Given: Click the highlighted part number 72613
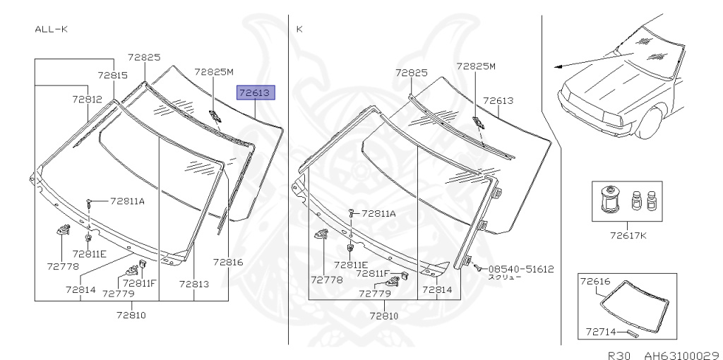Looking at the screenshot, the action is click(x=256, y=93).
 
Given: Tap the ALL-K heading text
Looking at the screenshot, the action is click(x=52, y=30).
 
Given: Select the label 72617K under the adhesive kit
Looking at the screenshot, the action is click(x=628, y=235).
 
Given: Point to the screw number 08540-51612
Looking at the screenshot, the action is click(x=520, y=269).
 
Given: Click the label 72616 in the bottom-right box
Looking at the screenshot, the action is click(x=594, y=281).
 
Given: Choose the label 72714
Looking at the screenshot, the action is click(x=602, y=332).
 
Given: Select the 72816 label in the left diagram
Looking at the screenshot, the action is click(x=228, y=263).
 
